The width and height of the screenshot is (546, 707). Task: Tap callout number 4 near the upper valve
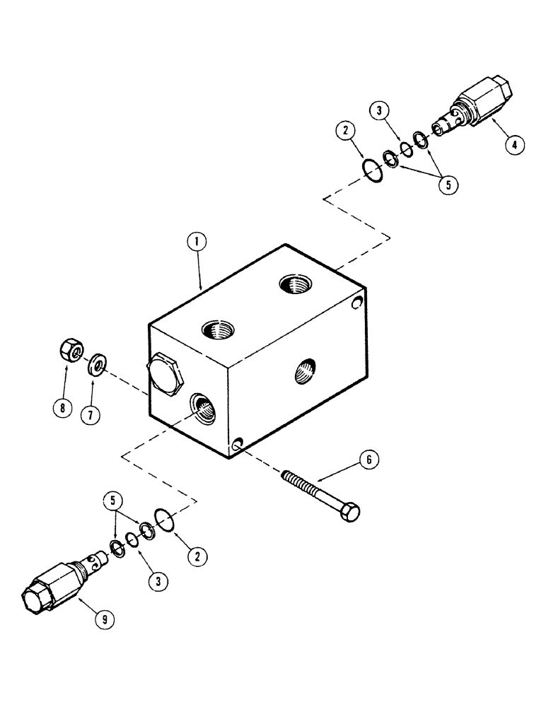[x=514, y=144]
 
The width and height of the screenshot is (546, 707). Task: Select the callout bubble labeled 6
[x=368, y=461]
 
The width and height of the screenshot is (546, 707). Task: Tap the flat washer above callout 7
[x=98, y=364]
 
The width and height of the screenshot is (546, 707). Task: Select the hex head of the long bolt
[x=349, y=511]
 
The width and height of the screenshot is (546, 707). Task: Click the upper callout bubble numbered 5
[x=447, y=184]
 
